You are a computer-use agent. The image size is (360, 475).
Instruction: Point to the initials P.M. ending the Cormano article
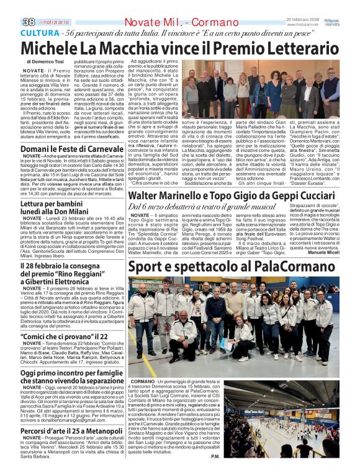[x=215, y=457]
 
